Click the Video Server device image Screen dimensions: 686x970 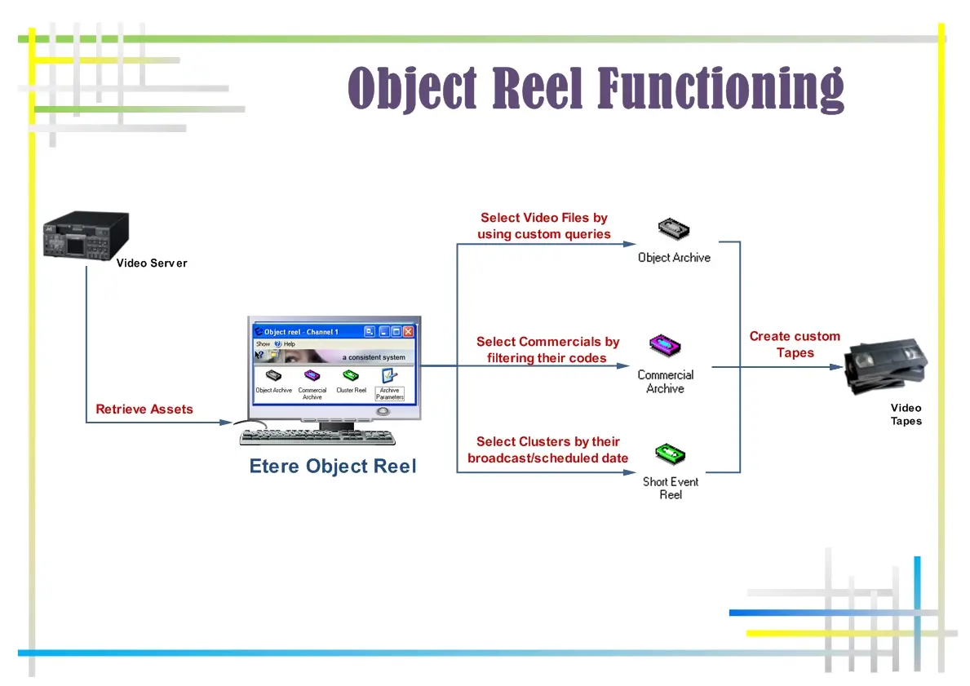tap(86, 236)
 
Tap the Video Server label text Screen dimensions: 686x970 tap(152, 263)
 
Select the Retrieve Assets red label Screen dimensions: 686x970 tap(144, 409)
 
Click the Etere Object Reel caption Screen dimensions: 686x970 tap(333, 467)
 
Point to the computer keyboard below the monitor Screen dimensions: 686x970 tap(318, 438)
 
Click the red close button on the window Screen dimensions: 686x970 tap(408, 332)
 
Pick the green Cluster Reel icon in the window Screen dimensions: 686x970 tap(351, 376)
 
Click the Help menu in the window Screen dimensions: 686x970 tap(288, 344)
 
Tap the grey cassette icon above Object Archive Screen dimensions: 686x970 tap(673, 230)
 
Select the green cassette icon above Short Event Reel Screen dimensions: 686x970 tap(670, 454)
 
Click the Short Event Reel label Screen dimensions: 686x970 tap(671, 488)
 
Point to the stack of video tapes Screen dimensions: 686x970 tap(885, 366)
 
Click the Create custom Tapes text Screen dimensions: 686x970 tap(795, 344)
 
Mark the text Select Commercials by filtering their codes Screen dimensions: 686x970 tap(547, 350)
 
